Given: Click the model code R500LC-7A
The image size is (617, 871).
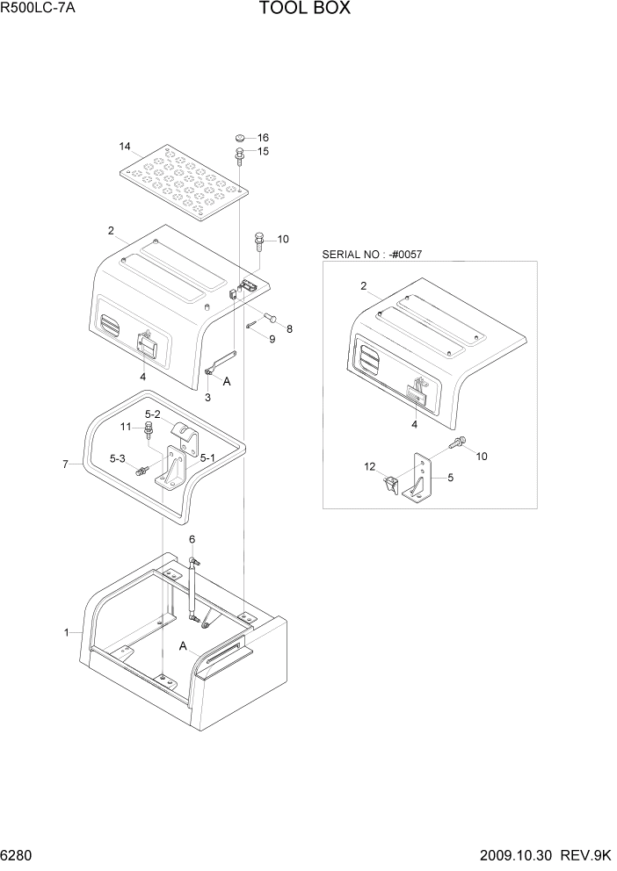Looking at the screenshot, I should [39, 10].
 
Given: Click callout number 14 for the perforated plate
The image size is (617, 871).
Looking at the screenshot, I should [124, 146].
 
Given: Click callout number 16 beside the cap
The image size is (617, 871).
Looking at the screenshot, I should [262, 138].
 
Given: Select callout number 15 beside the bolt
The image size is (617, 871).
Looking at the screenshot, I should [262, 152].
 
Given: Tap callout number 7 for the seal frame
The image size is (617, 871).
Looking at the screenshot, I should [65, 464].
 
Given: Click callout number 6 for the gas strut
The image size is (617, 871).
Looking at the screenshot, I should [192, 539].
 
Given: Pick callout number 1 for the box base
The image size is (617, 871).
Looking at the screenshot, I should [66, 632].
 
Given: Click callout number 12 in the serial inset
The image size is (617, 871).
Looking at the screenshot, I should [369, 467].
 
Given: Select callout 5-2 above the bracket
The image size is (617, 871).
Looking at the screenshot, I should [152, 414].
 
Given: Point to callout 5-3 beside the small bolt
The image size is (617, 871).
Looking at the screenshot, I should [118, 458].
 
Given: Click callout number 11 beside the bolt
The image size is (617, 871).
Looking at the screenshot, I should [126, 427].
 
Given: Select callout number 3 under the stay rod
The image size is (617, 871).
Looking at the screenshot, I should [208, 398].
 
